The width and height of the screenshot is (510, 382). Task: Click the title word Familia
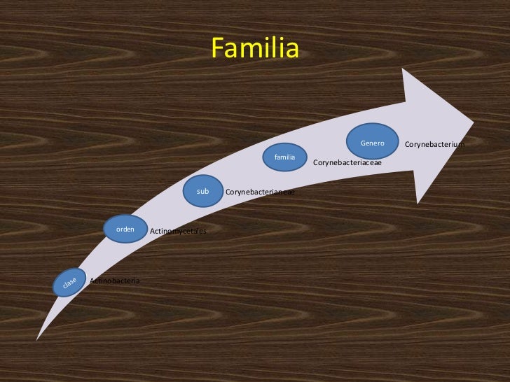point(255,49)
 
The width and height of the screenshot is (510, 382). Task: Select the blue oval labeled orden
point(125,229)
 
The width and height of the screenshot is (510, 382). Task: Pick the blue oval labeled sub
point(203,191)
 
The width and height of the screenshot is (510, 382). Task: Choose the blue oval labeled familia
point(284,157)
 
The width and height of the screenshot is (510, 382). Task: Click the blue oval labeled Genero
point(373,143)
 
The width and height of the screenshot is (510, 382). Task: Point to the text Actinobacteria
point(115,281)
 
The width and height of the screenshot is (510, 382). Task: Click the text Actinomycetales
point(178,231)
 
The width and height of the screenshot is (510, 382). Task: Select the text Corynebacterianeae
point(260,192)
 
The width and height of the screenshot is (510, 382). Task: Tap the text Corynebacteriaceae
point(347,162)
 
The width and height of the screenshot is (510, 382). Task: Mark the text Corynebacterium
point(434,144)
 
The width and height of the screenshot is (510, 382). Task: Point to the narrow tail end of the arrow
point(39,337)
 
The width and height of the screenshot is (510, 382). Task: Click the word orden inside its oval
point(125,229)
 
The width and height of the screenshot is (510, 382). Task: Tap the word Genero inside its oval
point(373,143)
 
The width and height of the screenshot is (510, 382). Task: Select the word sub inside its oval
point(203,191)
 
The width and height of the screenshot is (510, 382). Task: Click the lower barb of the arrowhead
point(418,202)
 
